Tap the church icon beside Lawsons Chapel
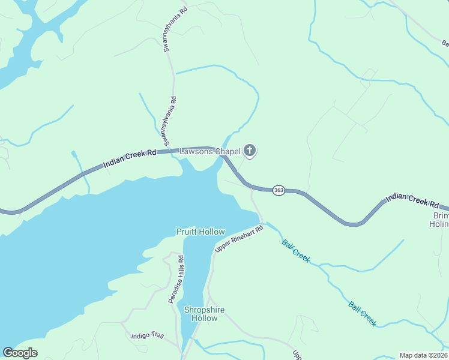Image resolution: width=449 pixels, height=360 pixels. [x=250, y=151]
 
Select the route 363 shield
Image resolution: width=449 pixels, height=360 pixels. [x=278, y=190]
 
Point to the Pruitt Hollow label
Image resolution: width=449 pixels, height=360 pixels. [x=200, y=232]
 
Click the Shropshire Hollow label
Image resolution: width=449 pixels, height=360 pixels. [x=204, y=314]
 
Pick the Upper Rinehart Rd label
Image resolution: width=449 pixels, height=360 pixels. [x=240, y=238]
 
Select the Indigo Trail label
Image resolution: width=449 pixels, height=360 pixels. [x=148, y=336]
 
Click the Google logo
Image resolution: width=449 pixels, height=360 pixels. [x=20, y=353]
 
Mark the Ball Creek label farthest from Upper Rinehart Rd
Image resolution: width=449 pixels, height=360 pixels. [x=363, y=313]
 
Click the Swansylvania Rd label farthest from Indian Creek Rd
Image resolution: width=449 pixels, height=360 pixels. [x=168, y=30]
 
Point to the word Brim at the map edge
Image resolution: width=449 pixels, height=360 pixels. [x=441, y=215]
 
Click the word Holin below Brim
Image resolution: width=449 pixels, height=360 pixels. [x=439, y=224]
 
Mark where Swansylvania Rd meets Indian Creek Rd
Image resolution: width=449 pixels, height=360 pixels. [x=175, y=150]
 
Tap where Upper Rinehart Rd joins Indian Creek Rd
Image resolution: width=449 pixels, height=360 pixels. [x=252, y=188]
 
